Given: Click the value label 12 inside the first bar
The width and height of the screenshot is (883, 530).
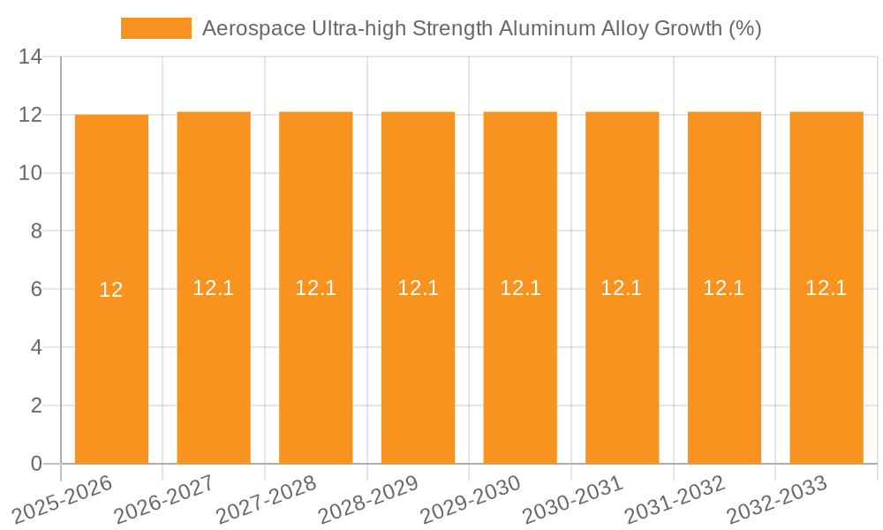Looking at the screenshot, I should (x=111, y=290).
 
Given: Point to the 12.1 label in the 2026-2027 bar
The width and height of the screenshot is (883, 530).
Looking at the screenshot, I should (x=213, y=288).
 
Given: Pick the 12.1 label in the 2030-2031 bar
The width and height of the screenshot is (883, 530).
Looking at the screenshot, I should (x=622, y=288).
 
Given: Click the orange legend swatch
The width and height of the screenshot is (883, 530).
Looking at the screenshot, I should (x=156, y=28).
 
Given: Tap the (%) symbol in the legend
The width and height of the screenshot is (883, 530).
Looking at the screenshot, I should (x=744, y=28).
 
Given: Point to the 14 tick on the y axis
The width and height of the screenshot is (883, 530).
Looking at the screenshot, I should (x=30, y=57).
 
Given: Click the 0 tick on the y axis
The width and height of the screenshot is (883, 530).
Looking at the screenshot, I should (x=36, y=464).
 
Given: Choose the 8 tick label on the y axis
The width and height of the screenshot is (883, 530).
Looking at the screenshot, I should (x=36, y=231).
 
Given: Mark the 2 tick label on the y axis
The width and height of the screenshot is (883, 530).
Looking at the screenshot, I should (x=36, y=405).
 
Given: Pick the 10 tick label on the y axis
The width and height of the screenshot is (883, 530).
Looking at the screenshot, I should (x=30, y=173).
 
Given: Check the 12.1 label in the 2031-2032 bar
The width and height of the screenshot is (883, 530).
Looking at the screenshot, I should (x=724, y=288).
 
